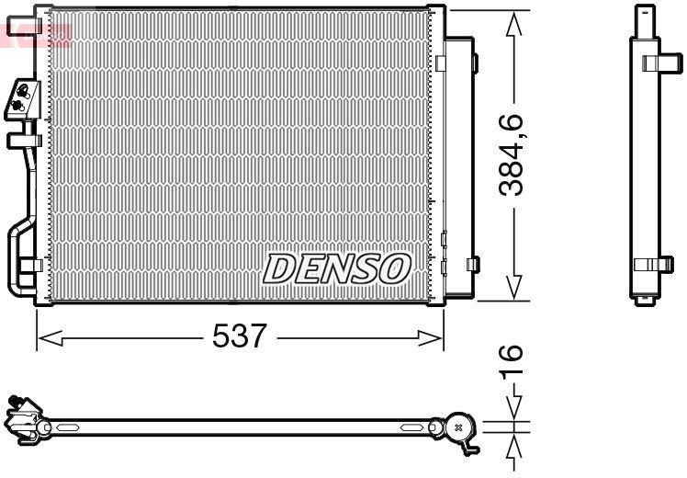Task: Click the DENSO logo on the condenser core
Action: pyautogui.click(x=336, y=268)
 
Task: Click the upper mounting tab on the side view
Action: pyautogui.click(x=656, y=63)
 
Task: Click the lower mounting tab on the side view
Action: pyautogui.click(x=652, y=264)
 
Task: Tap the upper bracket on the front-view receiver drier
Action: pyautogui.click(x=473, y=63)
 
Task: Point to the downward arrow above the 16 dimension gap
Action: pyautogui.click(x=517, y=407)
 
